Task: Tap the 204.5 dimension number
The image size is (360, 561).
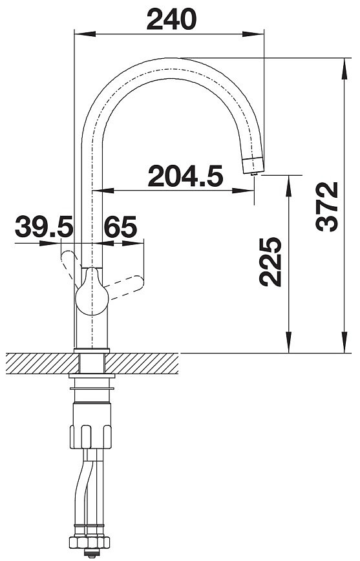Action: click(x=185, y=176)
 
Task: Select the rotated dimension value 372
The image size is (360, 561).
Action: click(x=327, y=206)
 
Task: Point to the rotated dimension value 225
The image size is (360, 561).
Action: click(x=271, y=262)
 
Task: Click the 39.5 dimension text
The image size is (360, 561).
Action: click(x=44, y=226)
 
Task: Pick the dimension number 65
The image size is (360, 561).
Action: click(x=121, y=226)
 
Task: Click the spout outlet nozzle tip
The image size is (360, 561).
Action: click(x=254, y=173)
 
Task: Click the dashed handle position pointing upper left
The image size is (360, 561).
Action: click(x=70, y=266)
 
